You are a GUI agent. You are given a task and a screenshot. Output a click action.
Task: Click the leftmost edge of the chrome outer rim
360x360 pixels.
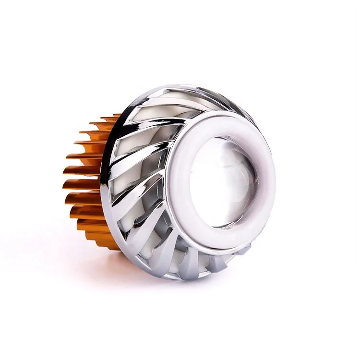click(102, 182)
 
